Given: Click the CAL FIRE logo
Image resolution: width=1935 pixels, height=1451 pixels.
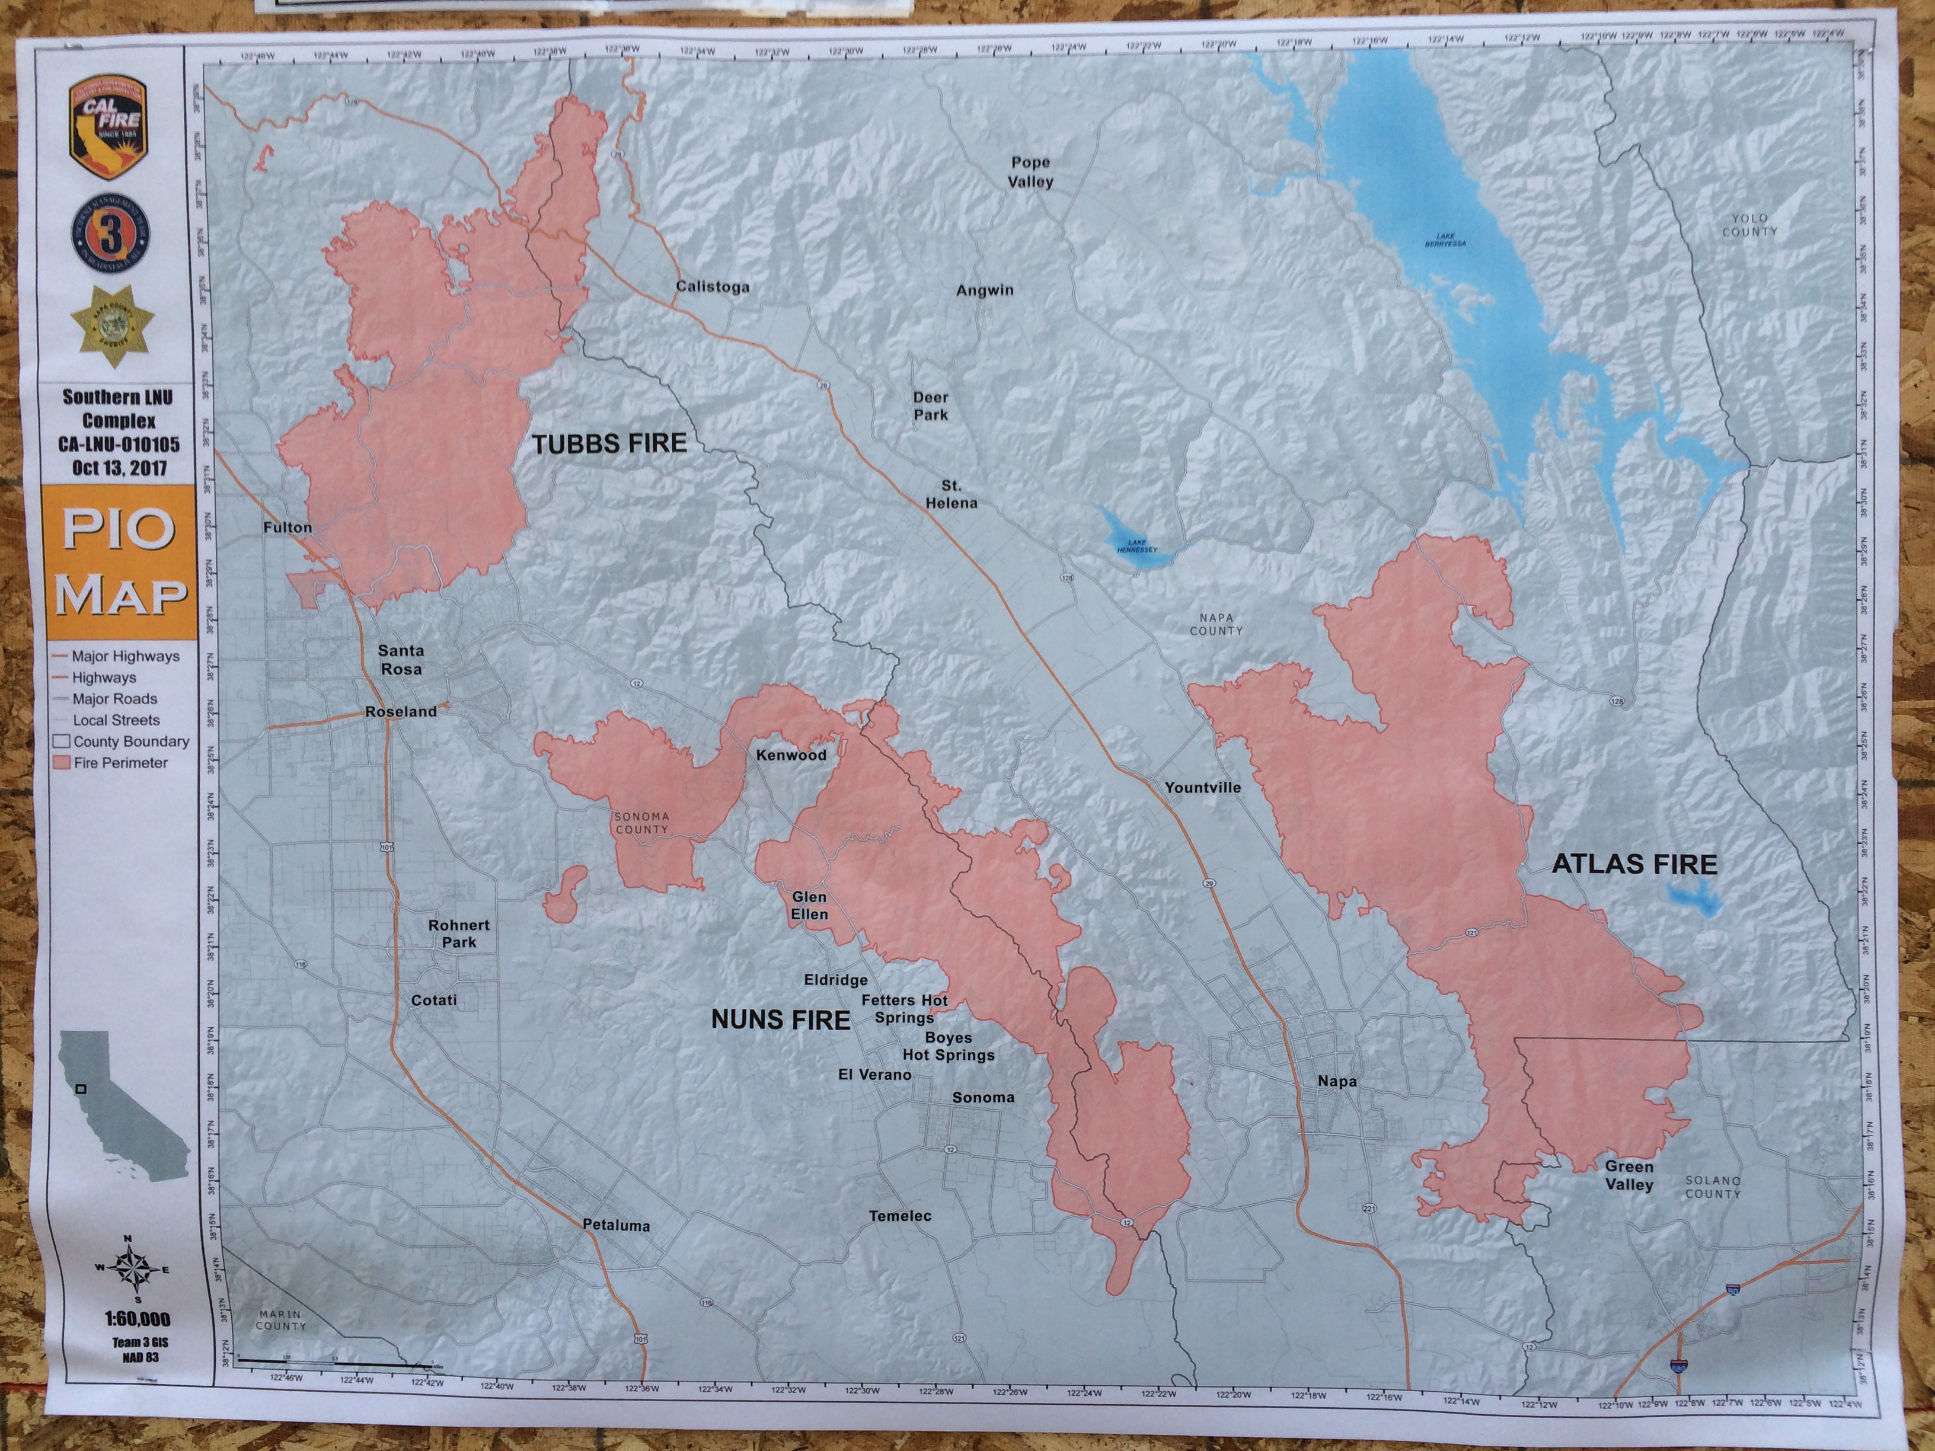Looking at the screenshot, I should click(x=108, y=127).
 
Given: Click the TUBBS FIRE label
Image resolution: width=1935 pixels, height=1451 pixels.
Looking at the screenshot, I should click(x=609, y=443).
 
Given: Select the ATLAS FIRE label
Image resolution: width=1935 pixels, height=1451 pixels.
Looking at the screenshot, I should click(x=1634, y=864).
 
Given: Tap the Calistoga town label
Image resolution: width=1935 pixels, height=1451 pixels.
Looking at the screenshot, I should click(x=712, y=287).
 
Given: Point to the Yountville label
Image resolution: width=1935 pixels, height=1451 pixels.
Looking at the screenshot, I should click(x=1202, y=787).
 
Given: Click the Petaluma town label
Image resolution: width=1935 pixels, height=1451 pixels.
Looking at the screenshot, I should click(x=616, y=1225).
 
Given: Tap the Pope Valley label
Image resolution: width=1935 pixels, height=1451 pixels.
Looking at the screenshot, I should click(x=1030, y=172).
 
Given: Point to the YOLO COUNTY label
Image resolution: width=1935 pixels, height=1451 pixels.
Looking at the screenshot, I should click(x=1749, y=225).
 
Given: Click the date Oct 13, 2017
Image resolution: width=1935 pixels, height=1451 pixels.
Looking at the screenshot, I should click(x=119, y=467).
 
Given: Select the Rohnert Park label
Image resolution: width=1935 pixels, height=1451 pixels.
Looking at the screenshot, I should click(x=458, y=933).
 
